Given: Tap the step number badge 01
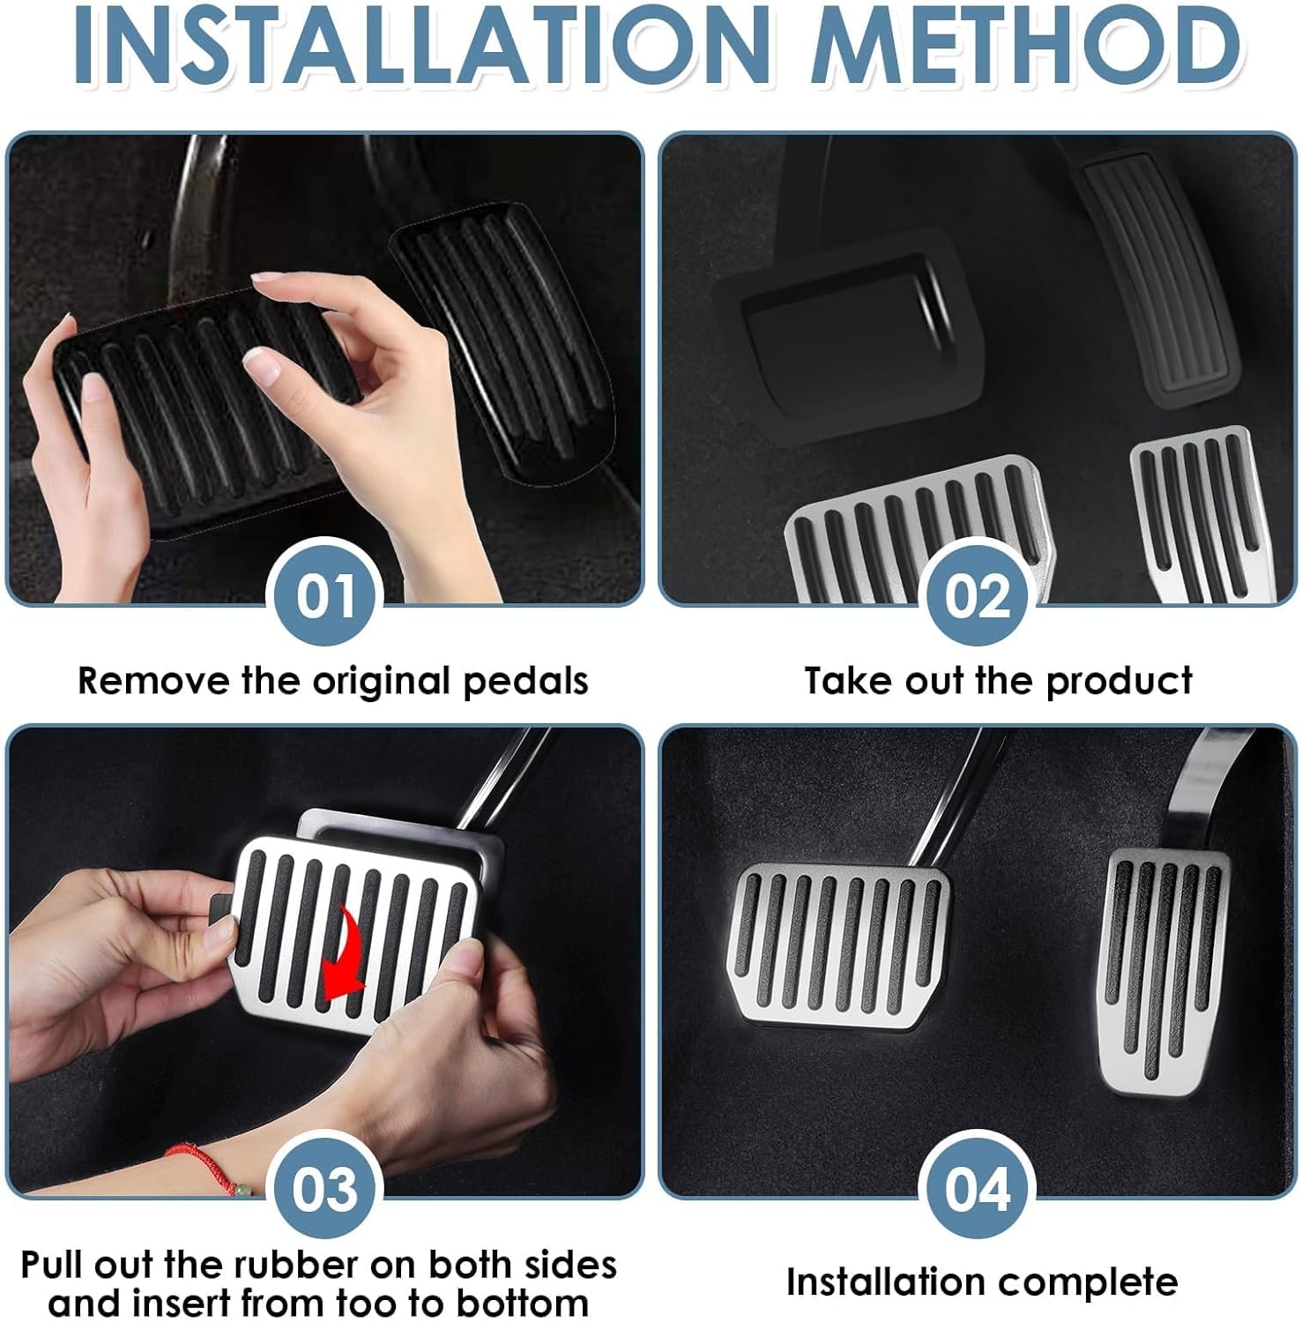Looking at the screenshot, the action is point(325,596).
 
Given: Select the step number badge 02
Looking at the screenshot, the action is point(977,596).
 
